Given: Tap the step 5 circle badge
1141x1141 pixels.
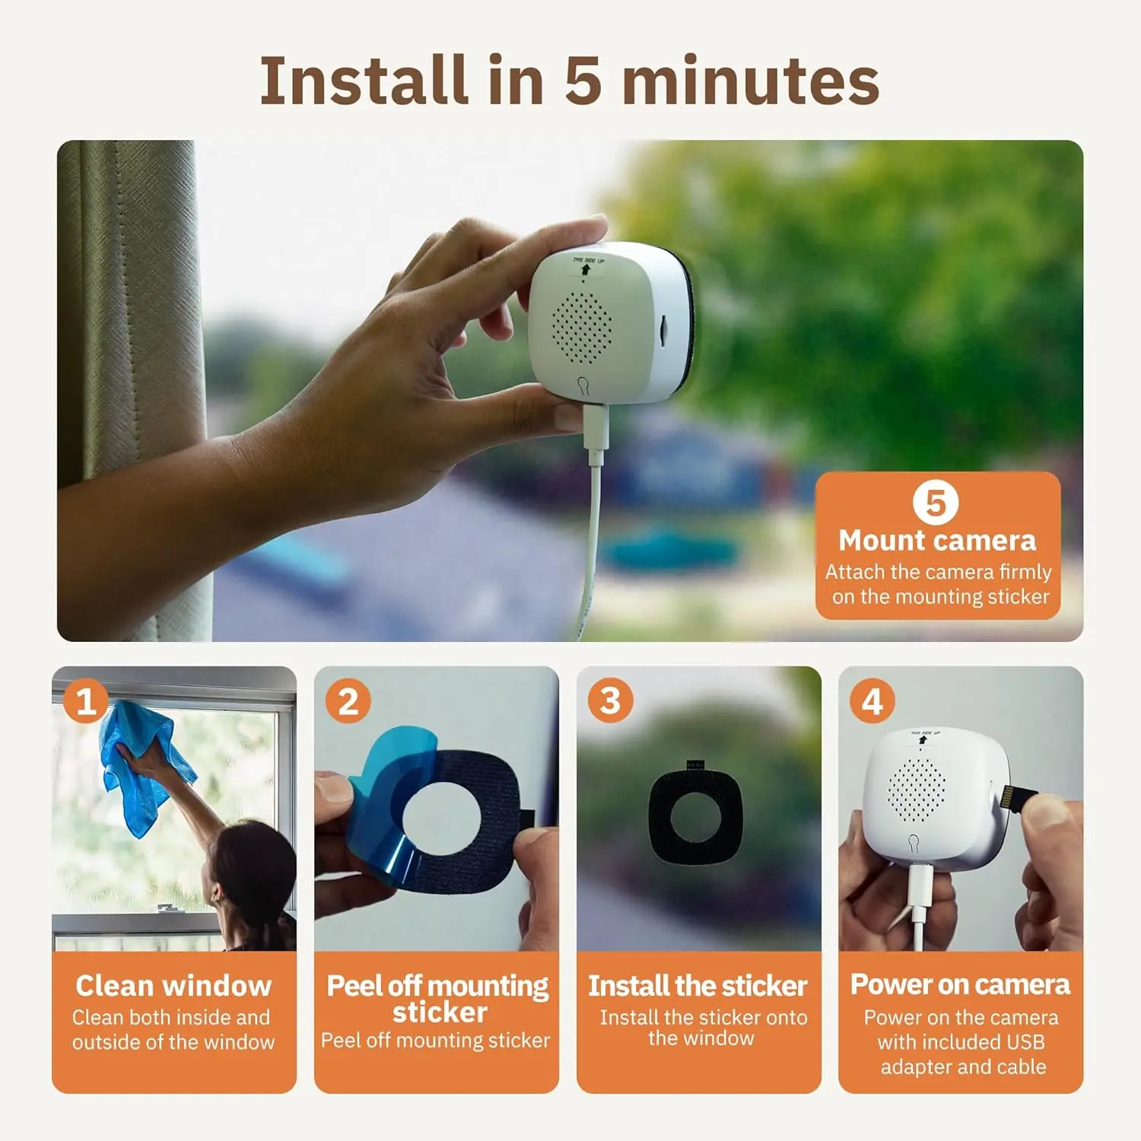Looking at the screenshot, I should click(x=935, y=503).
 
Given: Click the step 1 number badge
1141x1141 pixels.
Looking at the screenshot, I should click(x=85, y=701).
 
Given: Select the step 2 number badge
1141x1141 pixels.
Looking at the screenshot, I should click(x=348, y=701).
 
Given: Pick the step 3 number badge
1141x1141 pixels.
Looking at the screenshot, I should click(x=610, y=701).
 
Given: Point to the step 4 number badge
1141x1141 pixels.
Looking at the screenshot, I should click(x=872, y=701).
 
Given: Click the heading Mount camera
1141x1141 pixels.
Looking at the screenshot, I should click(x=937, y=541).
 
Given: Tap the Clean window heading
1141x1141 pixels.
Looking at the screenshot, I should click(x=173, y=986).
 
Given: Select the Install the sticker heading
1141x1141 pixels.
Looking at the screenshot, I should click(x=698, y=986).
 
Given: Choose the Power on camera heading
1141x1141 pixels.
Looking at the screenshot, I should click(x=960, y=984).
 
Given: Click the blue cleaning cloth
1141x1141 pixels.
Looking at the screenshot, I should click(x=145, y=768).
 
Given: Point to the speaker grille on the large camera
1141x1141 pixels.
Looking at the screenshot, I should click(x=581, y=327).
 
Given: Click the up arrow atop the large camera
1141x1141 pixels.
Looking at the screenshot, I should click(x=585, y=269).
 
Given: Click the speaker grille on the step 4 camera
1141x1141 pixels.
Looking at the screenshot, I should click(x=917, y=790).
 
